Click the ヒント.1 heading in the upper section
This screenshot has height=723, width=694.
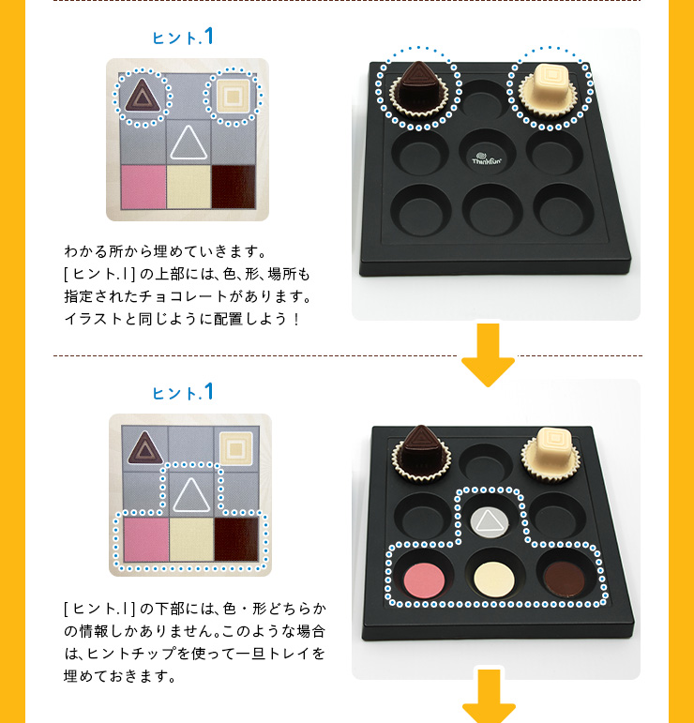click(184, 38)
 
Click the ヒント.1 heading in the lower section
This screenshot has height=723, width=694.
click(184, 392)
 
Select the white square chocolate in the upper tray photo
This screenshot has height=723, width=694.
click(551, 87)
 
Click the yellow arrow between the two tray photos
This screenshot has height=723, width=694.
click(489, 354)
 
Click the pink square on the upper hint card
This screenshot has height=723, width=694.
click(143, 187)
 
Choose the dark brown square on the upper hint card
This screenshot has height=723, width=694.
click(234, 187)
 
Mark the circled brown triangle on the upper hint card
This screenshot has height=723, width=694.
click(143, 96)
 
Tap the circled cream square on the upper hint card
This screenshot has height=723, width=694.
click(233, 96)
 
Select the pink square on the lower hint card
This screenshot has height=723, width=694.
click(145, 539)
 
